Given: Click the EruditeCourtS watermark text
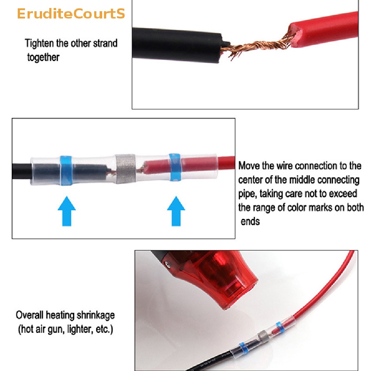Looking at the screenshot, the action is pyautogui.click(x=71, y=14).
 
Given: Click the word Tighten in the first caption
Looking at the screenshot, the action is pyautogui.click(x=39, y=43).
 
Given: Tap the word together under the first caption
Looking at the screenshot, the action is pyautogui.click(x=43, y=57).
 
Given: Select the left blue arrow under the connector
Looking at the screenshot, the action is pyautogui.click(x=67, y=211).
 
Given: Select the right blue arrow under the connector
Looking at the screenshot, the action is pyautogui.click(x=176, y=211).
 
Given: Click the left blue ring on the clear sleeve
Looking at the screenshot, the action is pyautogui.click(x=66, y=170).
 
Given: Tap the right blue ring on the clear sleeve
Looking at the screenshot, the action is pyautogui.click(x=175, y=167).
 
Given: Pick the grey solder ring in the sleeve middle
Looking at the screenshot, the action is pyautogui.click(x=125, y=169).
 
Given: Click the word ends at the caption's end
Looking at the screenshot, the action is pyautogui.click(x=250, y=222).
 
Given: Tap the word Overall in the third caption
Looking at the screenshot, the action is pyautogui.click(x=30, y=315).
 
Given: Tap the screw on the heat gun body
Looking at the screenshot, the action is pyautogui.click(x=168, y=264).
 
